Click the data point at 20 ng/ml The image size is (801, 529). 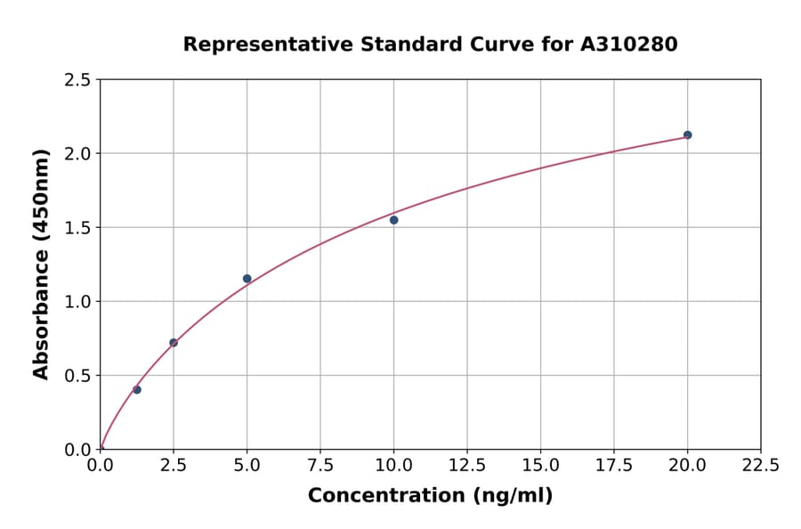687,135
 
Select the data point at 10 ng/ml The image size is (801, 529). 393,220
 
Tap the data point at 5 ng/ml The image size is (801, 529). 247,279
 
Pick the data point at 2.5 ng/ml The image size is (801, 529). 174,343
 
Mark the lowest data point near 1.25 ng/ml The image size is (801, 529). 137,390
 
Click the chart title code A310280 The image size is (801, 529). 629,45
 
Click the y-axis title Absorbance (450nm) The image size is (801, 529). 41,264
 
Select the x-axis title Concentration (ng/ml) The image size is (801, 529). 430,496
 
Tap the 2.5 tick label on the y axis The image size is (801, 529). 77,80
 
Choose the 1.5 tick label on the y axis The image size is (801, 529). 77,228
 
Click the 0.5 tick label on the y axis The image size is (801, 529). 77,376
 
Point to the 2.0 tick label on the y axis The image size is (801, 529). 77,154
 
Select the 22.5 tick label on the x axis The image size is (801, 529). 760,466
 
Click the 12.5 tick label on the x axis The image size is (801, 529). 467,466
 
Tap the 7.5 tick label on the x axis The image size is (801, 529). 320,466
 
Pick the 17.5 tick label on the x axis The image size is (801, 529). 614,466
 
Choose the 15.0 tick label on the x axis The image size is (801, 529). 540,466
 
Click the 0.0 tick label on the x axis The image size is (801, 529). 101,466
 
